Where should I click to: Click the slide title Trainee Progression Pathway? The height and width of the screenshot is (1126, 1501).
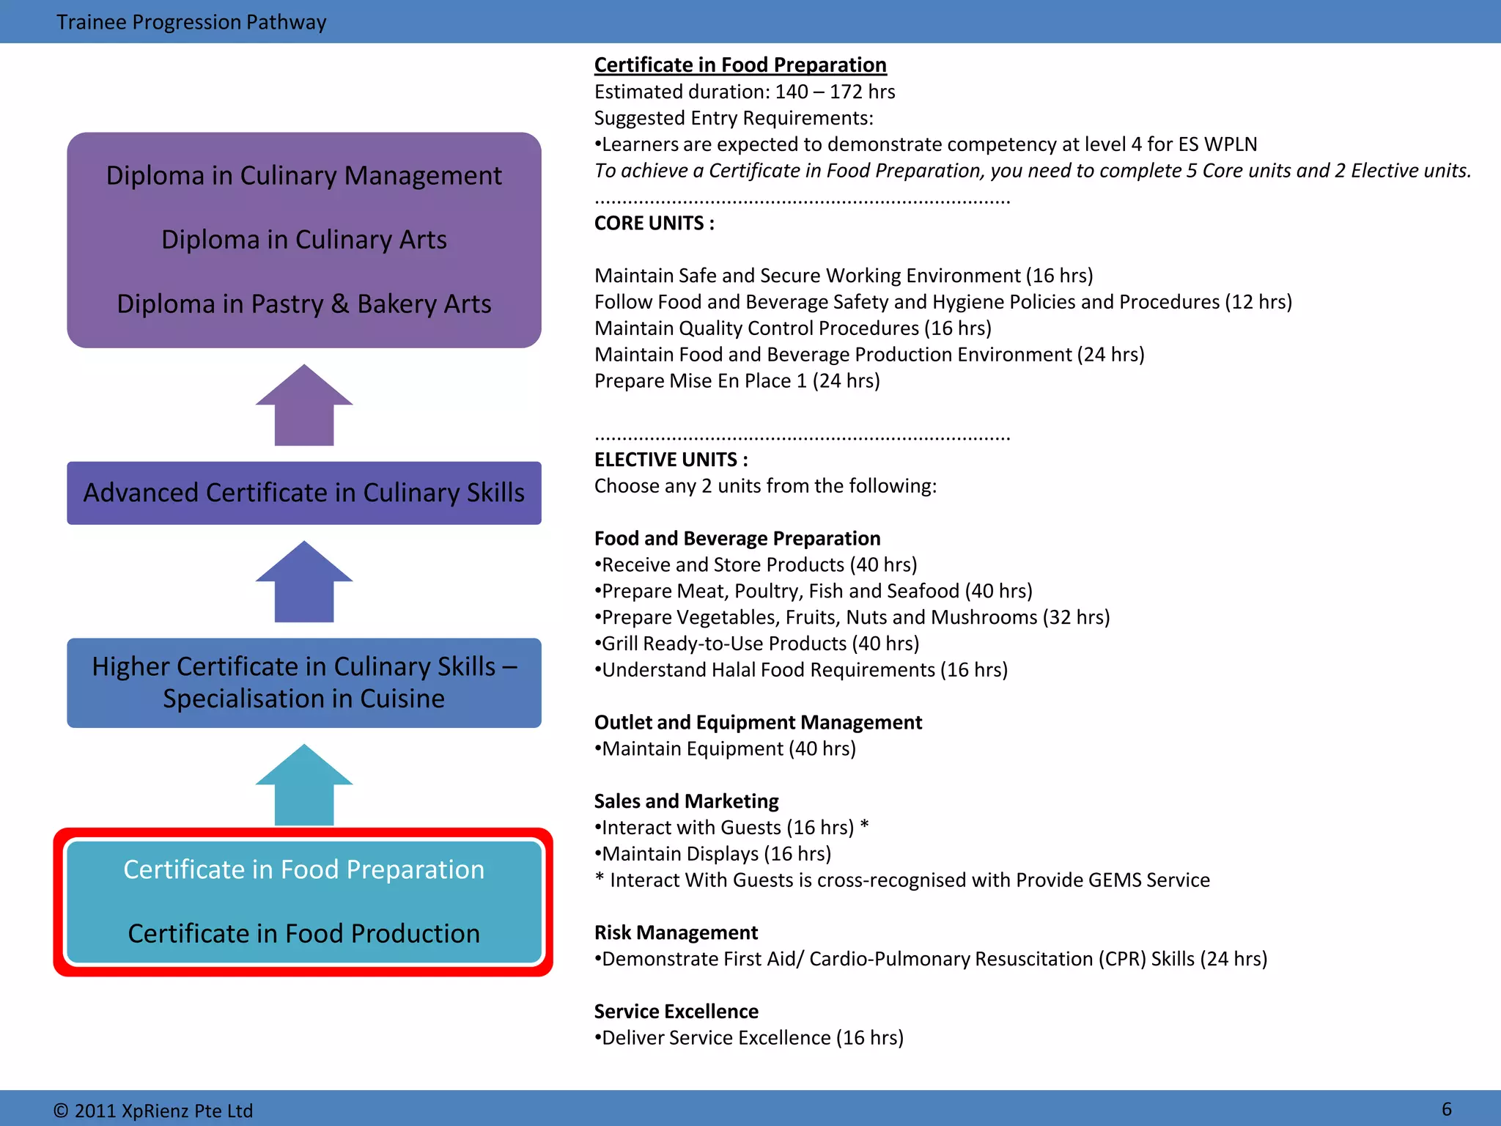point(191,22)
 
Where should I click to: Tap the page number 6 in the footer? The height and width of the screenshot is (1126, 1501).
point(1446,1108)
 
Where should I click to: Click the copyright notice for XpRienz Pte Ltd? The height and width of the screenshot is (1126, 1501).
point(153,1111)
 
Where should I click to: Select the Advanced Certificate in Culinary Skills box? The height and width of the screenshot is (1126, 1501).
point(303,493)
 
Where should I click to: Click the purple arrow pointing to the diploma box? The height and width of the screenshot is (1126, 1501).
point(304,405)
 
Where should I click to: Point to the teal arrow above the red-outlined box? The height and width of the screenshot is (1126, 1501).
point(304,786)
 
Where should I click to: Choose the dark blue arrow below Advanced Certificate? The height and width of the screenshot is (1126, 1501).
point(304,582)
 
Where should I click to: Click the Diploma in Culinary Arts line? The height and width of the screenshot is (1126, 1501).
point(303,240)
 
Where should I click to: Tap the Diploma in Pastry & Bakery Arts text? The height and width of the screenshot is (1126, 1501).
point(303,303)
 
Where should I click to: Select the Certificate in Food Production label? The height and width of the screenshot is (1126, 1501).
point(303,933)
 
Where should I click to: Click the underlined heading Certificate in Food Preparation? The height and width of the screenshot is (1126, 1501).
point(740,65)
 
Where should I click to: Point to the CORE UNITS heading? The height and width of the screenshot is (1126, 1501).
point(654,223)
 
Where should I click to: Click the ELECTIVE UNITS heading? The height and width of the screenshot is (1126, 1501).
point(671,460)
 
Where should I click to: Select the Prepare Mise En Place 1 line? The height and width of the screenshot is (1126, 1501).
point(737,381)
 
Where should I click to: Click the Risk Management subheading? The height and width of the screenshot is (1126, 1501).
point(676,932)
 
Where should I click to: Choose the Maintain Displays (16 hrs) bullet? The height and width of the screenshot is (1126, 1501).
point(714,854)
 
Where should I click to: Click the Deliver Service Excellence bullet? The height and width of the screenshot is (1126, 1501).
point(750,1038)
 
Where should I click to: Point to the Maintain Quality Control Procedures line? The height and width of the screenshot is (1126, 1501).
point(792,328)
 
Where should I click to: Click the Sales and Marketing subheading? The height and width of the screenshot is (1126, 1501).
point(686,801)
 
